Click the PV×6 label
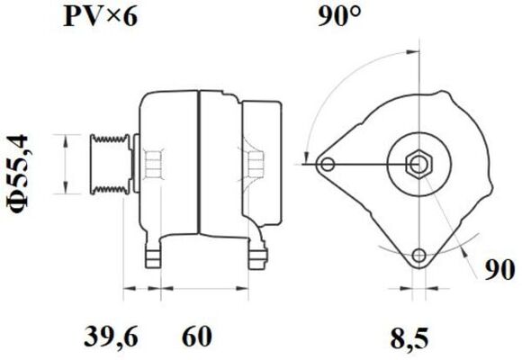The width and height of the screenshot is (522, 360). pos(100,17)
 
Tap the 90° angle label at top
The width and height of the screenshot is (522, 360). pos(339,17)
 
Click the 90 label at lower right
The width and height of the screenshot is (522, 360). pos(501,269)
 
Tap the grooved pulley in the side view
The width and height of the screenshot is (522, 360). pos(110,164)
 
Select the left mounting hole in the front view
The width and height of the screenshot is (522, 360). pos(328,164)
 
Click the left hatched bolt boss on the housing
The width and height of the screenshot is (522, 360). pos(153,164)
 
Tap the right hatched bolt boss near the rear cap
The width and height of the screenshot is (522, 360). pos(255,164)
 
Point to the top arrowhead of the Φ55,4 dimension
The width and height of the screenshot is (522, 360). pos(66,138)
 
